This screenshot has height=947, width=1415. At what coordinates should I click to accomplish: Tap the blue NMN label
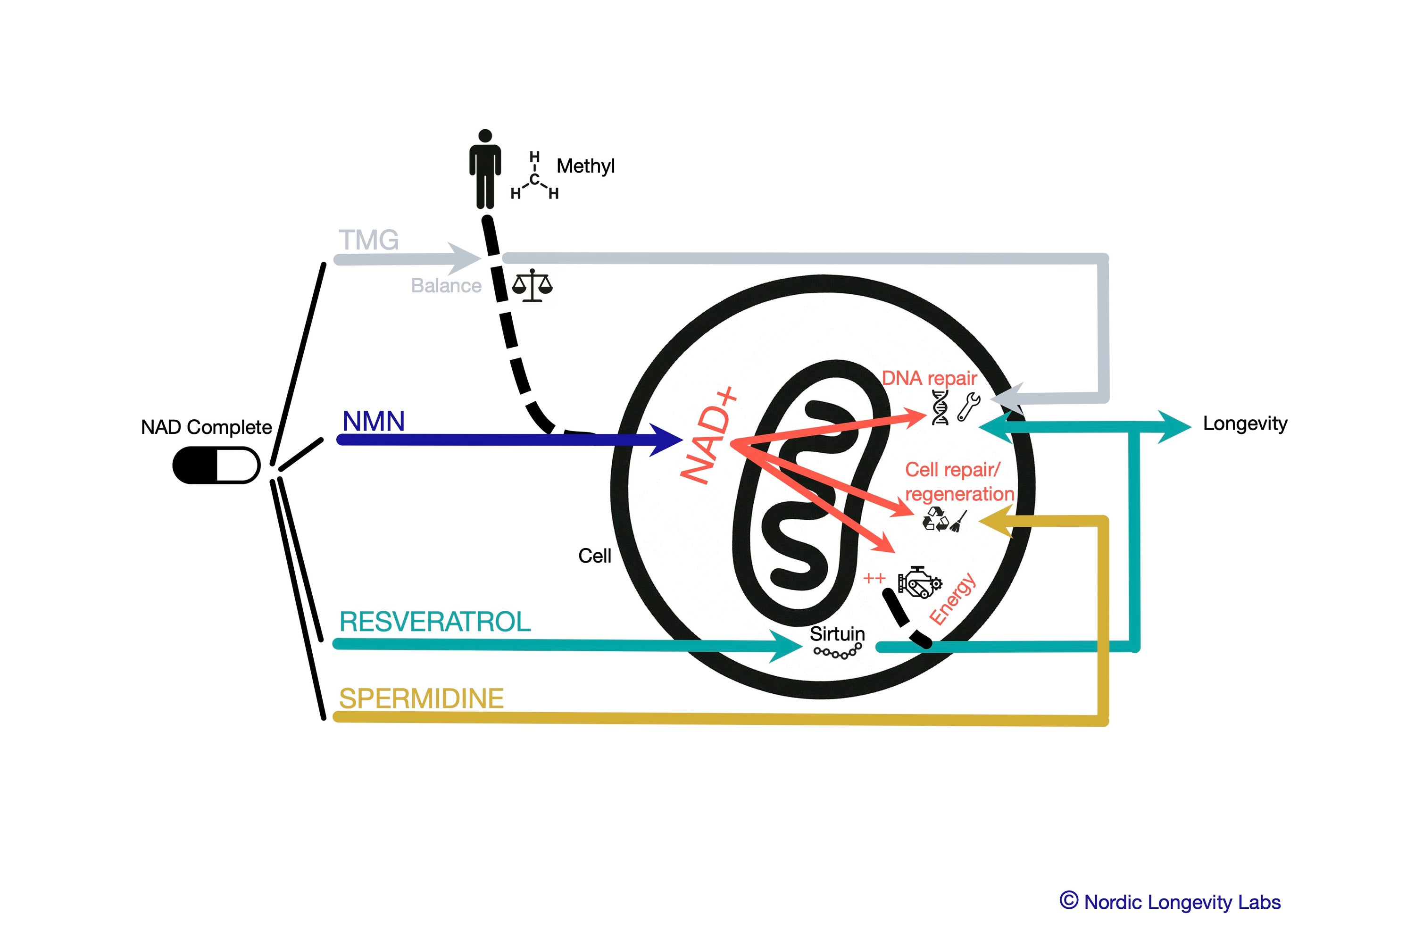[373, 421]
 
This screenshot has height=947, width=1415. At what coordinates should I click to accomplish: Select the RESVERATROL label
[435, 622]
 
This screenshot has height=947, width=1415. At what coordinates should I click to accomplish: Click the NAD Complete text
[206, 427]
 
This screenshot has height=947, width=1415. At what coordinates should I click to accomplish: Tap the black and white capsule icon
[216, 465]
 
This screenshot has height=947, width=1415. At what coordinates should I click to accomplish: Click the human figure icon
[485, 169]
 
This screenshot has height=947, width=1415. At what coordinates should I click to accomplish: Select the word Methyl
[585, 166]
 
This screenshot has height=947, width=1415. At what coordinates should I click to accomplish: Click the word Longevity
[1245, 424]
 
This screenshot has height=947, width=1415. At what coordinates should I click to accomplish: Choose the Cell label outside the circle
[594, 556]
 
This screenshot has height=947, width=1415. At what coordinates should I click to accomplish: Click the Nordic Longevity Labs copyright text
[1170, 902]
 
